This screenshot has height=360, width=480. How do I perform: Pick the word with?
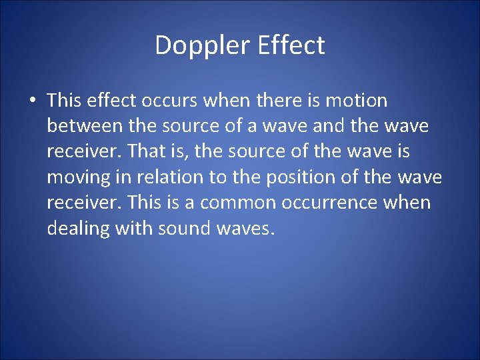click(x=134, y=228)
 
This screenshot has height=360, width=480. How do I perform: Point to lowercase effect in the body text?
click(x=109, y=101)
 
